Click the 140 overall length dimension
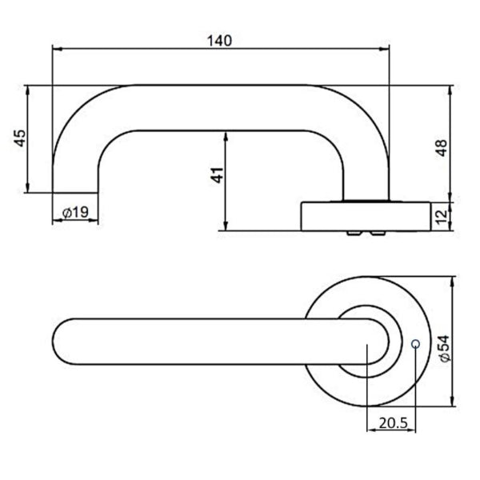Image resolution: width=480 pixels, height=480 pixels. coord(222,39)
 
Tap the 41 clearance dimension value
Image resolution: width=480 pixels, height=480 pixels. coord(215,178)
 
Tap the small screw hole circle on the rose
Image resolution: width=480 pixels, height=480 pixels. coord(414,345)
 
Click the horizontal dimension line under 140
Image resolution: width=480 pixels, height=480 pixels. coord(222,50)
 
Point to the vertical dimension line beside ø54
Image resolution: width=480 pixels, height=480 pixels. coord(453,344)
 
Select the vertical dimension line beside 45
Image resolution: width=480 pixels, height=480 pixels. coord(29,138)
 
